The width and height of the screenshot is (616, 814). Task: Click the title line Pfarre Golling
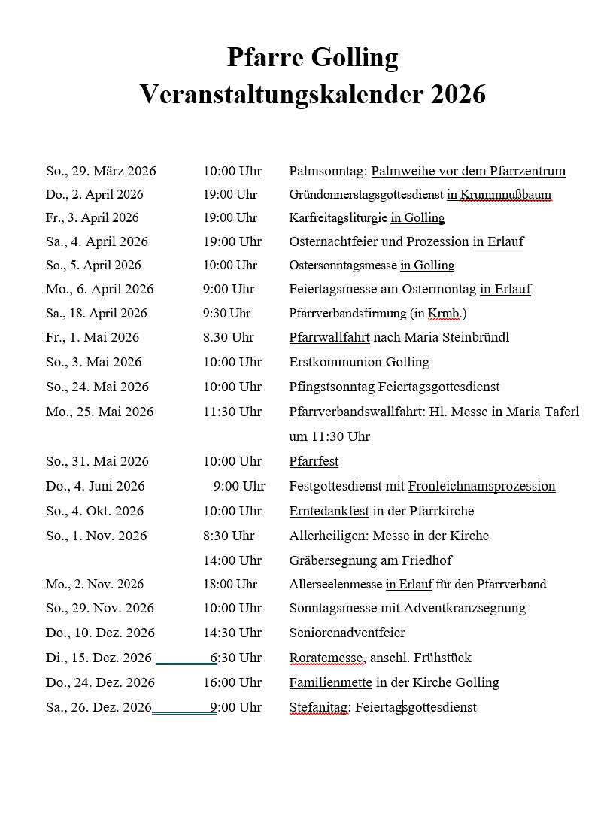tap(312, 57)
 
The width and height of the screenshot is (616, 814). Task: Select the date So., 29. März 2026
tap(101, 171)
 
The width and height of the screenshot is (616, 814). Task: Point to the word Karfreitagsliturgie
tap(338, 218)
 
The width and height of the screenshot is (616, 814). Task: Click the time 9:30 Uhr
tap(226, 313)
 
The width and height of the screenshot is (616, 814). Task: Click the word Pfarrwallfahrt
tap(329, 337)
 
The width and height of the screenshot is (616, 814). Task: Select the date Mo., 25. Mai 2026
tap(99, 412)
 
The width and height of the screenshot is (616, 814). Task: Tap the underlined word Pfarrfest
tap(314, 461)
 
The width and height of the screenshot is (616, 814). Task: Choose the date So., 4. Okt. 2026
tap(95, 511)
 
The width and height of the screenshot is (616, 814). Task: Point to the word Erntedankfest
tap(329, 511)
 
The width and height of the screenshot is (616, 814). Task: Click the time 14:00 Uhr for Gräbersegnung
tap(232, 560)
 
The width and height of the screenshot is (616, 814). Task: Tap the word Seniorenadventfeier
tap(347, 633)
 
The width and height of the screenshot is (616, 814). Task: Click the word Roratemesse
tap(326, 658)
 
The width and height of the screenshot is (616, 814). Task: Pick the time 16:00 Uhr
tap(232, 682)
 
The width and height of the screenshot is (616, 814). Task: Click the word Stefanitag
tap(319, 707)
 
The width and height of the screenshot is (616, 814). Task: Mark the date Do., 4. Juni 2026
tap(96, 486)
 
